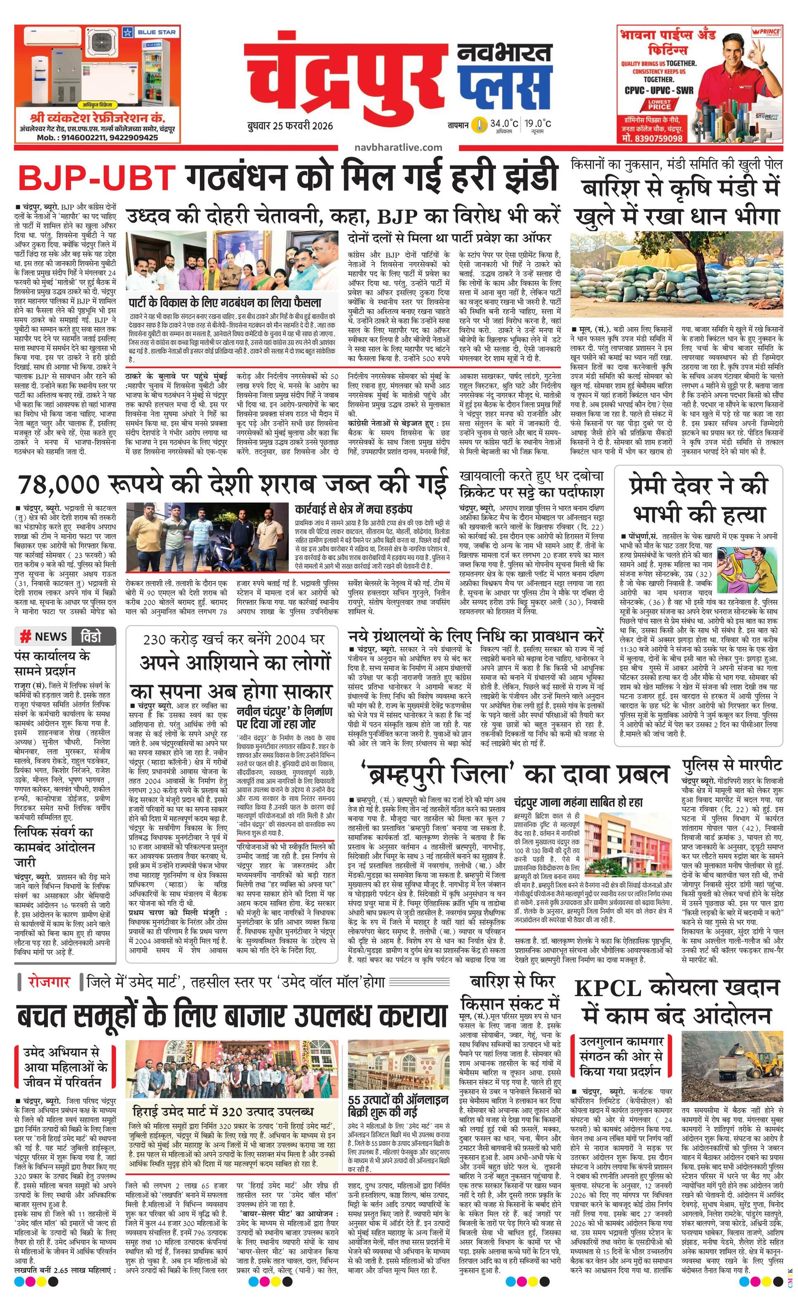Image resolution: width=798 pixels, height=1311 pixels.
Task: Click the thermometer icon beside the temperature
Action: pos(481,125)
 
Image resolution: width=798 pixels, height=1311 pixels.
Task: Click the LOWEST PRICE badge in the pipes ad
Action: pos(659,104)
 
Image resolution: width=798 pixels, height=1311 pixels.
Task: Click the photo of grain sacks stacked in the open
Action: pos(676,277)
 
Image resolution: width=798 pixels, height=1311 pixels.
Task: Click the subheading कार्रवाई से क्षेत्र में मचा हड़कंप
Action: pos(354,509)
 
